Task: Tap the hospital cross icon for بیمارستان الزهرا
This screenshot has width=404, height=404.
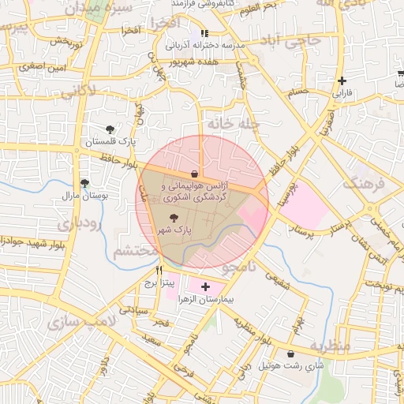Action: coord(206,286)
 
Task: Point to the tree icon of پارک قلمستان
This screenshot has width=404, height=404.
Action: coord(110,129)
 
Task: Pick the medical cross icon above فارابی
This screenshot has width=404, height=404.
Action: coord(342,80)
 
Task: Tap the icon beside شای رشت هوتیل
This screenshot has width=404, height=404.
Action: coord(293,354)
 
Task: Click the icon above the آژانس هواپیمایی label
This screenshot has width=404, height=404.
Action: coord(194,173)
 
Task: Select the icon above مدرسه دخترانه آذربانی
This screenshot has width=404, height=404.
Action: coord(205,34)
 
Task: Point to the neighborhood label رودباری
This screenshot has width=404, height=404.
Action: coord(77,223)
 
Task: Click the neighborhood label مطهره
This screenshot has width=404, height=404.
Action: coord(329,346)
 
